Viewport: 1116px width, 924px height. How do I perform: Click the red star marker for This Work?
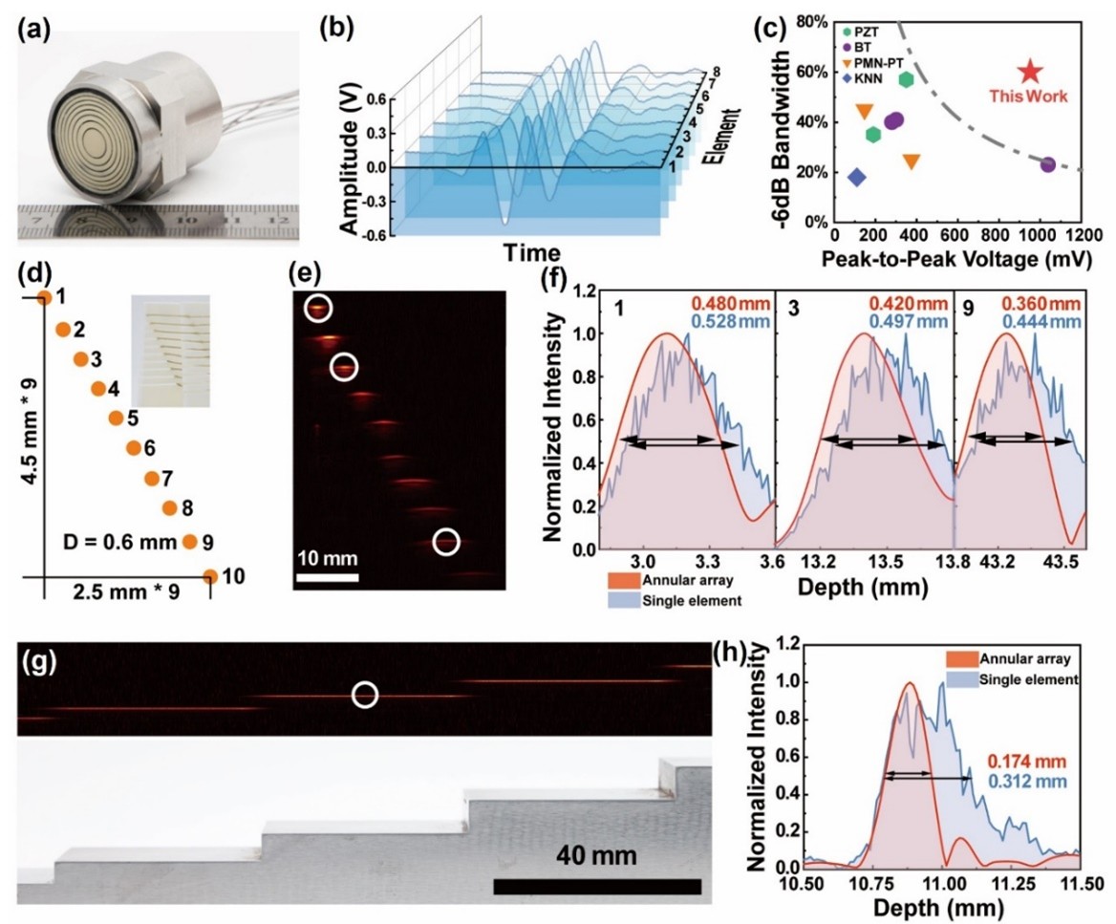pyautogui.click(x=1028, y=71)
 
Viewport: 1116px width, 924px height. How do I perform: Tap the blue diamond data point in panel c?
pyautogui.click(x=856, y=177)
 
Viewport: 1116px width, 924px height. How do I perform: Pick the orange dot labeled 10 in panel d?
pyautogui.click(x=209, y=576)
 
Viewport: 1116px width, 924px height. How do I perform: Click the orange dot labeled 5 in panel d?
pyautogui.click(x=116, y=418)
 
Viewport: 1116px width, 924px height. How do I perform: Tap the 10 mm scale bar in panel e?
pyautogui.click(x=327, y=577)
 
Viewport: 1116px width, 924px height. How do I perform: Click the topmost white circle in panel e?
pyautogui.click(x=320, y=308)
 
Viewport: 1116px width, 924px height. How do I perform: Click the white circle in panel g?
pyautogui.click(x=364, y=695)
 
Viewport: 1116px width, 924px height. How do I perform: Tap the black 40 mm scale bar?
pyautogui.click(x=597, y=887)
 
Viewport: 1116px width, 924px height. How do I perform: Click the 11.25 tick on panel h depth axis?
pyautogui.click(x=1017, y=878)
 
